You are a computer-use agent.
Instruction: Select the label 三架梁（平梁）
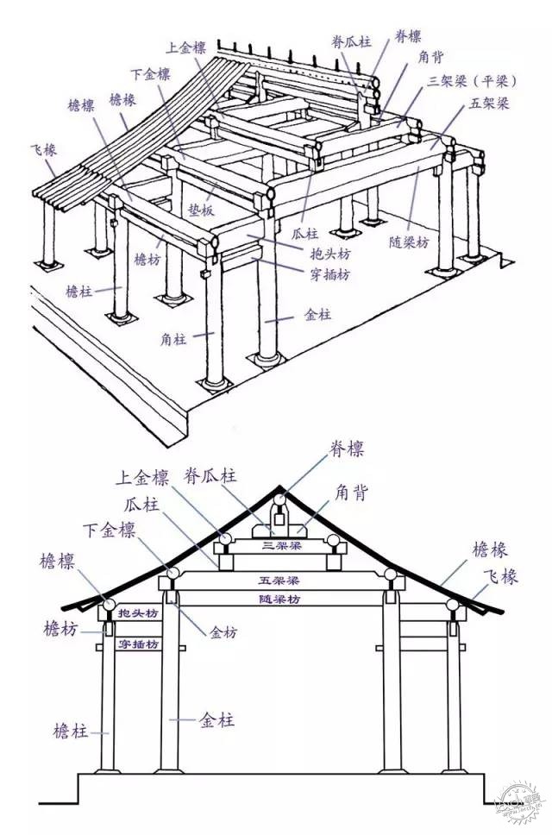point(471,82)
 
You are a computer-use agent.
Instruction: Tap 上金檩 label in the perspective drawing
point(186,48)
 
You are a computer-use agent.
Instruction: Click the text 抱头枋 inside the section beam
point(138,613)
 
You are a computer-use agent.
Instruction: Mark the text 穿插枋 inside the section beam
point(138,644)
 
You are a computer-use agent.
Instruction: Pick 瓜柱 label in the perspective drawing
point(306,233)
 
